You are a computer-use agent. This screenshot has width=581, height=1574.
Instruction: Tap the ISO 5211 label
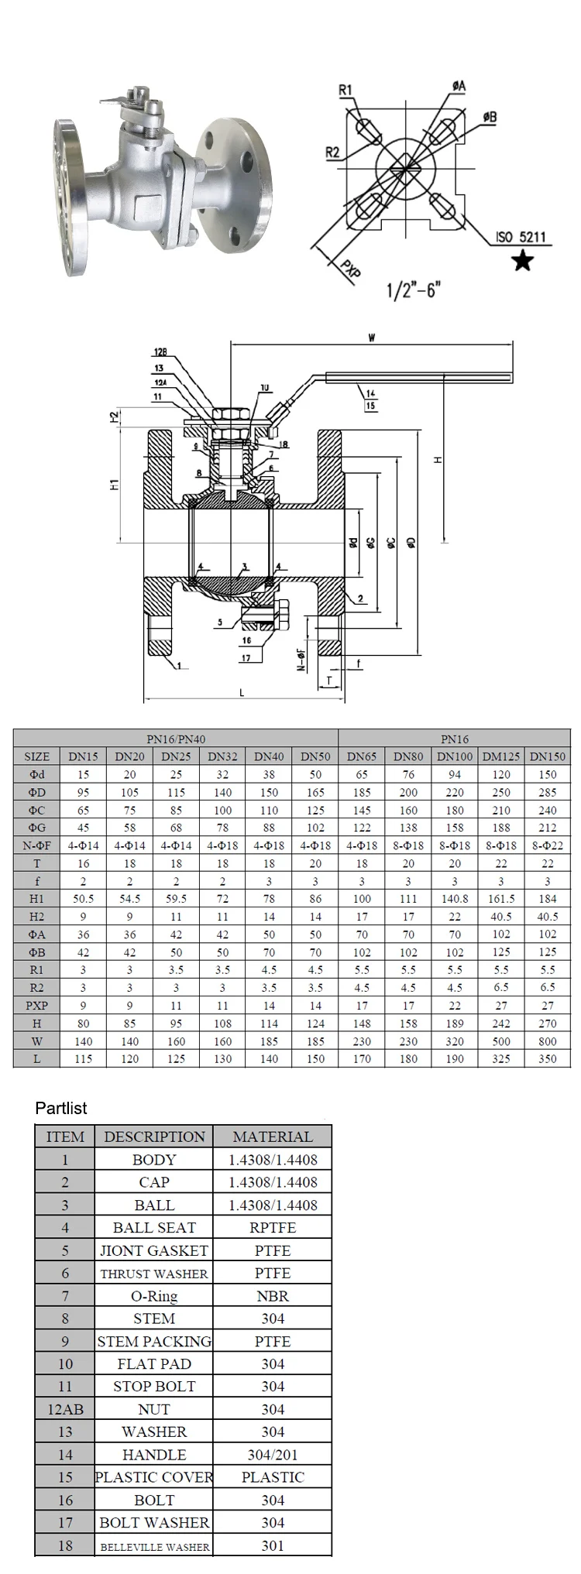coord(522,237)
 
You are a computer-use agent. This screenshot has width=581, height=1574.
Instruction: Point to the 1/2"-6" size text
coord(413,291)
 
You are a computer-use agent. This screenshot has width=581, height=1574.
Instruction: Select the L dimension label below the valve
coord(242,693)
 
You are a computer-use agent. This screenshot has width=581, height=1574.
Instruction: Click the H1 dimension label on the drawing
coord(114,485)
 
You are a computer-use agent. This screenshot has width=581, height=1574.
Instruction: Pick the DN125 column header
coord(501,756)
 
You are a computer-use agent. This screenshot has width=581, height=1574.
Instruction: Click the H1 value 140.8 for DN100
coord(455,899)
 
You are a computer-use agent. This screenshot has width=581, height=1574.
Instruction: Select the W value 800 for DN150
coord(547,1041)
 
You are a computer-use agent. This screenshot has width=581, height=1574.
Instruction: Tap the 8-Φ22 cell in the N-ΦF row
coord(547,845)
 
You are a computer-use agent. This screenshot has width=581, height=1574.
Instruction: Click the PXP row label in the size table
coord(36,1006)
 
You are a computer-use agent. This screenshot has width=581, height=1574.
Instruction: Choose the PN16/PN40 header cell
coord(176,739)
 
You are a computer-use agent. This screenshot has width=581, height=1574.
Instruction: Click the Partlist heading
coord(61,1108)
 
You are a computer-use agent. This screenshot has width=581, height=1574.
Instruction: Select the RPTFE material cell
coord(273,1227)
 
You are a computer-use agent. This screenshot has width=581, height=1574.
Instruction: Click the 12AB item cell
coord(65,1409)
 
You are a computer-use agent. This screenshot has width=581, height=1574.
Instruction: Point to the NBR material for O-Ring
coord(273,1295)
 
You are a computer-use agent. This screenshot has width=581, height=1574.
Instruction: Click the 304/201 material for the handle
coord(273,1455)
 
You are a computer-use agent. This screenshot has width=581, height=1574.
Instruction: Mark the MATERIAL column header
coord(273,1137)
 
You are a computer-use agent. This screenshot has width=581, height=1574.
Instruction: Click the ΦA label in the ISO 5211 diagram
coord(459,87)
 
